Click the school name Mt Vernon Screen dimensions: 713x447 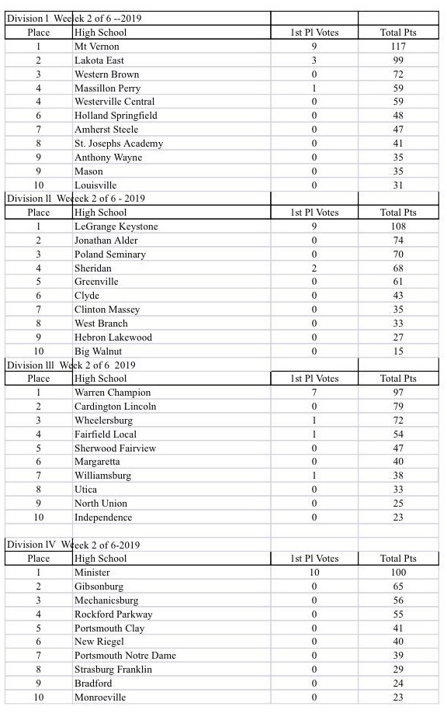pos(97,47)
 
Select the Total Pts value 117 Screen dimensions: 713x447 pos(397,47)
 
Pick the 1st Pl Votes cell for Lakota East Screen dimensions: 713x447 pos(314,61)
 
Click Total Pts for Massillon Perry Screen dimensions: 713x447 pos(397,88)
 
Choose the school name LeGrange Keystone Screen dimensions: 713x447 pos(116,227)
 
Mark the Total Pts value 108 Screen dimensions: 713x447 pos(397,227)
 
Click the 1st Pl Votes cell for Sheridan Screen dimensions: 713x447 pos(314,268)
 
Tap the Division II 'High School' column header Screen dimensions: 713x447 pos(100,213)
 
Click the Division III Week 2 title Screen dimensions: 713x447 pos(71,365)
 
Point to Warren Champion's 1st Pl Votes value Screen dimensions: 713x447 pos(314,393)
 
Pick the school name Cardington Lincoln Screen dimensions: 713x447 pos(115,407)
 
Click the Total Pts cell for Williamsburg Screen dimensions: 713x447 pos(397,476)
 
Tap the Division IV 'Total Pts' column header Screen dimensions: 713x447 pos(397,559)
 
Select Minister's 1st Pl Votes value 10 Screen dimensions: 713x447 pos(314,573)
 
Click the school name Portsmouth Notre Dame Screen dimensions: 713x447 pos(125,656)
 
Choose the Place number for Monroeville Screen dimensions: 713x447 pos(39,697)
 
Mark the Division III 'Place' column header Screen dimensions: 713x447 pos(39,379)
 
